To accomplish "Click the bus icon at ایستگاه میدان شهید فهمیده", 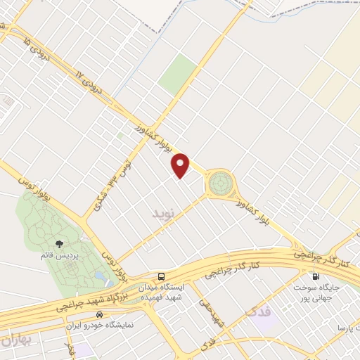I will [162, 276].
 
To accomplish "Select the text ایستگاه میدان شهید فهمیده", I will [163, 292].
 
